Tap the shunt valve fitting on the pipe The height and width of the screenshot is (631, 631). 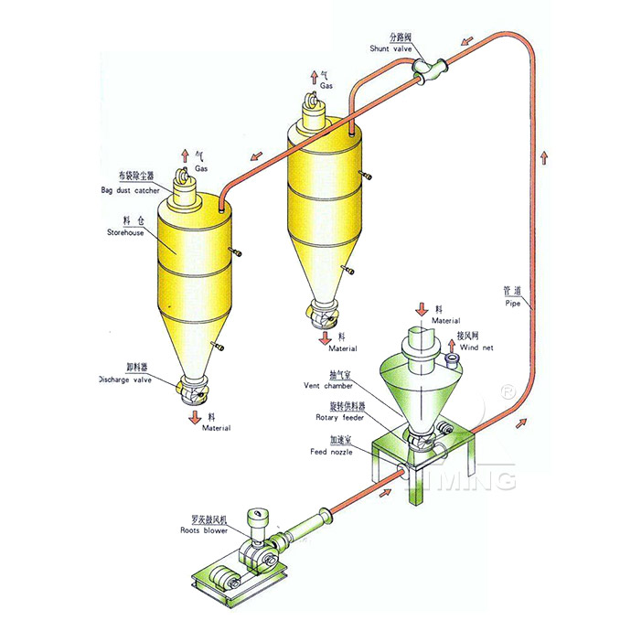[x=425, y=68]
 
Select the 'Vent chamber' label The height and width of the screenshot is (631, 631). [x=336, y=386]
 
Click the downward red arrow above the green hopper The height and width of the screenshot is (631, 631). [x=422, y=308]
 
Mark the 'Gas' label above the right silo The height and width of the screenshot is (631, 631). [x=326, y=85]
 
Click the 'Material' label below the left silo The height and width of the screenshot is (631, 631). [x=216, y=427]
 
